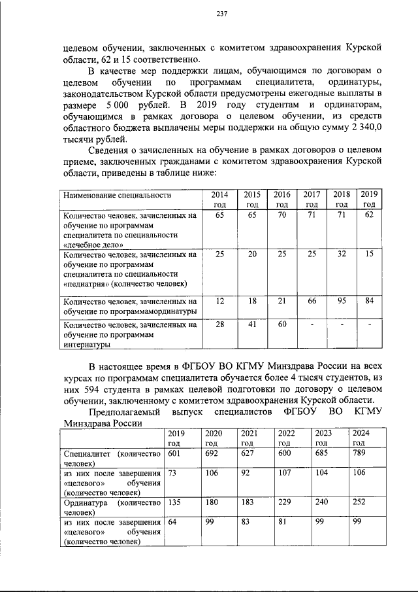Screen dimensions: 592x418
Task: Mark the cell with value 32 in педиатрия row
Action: [341, 253]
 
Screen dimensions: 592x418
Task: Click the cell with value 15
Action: [369, 253]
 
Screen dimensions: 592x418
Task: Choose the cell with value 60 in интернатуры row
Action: [281, 324]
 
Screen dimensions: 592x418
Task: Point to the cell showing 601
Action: [174, 453]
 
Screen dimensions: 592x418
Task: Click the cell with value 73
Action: [173, 472]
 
